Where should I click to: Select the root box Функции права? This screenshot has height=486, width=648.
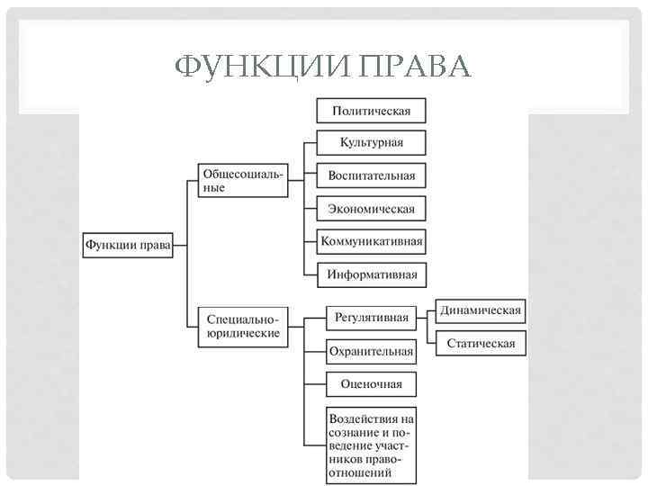tap(128, 244)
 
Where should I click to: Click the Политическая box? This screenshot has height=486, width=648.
tap(371, 111)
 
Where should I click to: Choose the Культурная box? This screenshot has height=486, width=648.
tap(371, 143)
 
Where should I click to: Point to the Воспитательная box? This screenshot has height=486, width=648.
tap(371, 175)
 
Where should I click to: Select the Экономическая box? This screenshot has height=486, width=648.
tap(371, 209)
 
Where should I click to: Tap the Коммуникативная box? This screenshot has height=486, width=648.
tap(371, 241)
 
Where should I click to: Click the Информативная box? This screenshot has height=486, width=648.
tap(371, 274)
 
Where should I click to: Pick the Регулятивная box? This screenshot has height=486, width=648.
tap(371, 317)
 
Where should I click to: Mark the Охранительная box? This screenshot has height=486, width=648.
tap(371, 351)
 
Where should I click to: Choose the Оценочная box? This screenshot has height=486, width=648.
tap(371, 384)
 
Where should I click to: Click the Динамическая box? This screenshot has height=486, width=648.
tap(481, 310)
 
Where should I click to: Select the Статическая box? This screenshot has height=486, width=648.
tap(481, 343)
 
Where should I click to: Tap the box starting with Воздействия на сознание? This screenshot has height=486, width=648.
tap(371, 445)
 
